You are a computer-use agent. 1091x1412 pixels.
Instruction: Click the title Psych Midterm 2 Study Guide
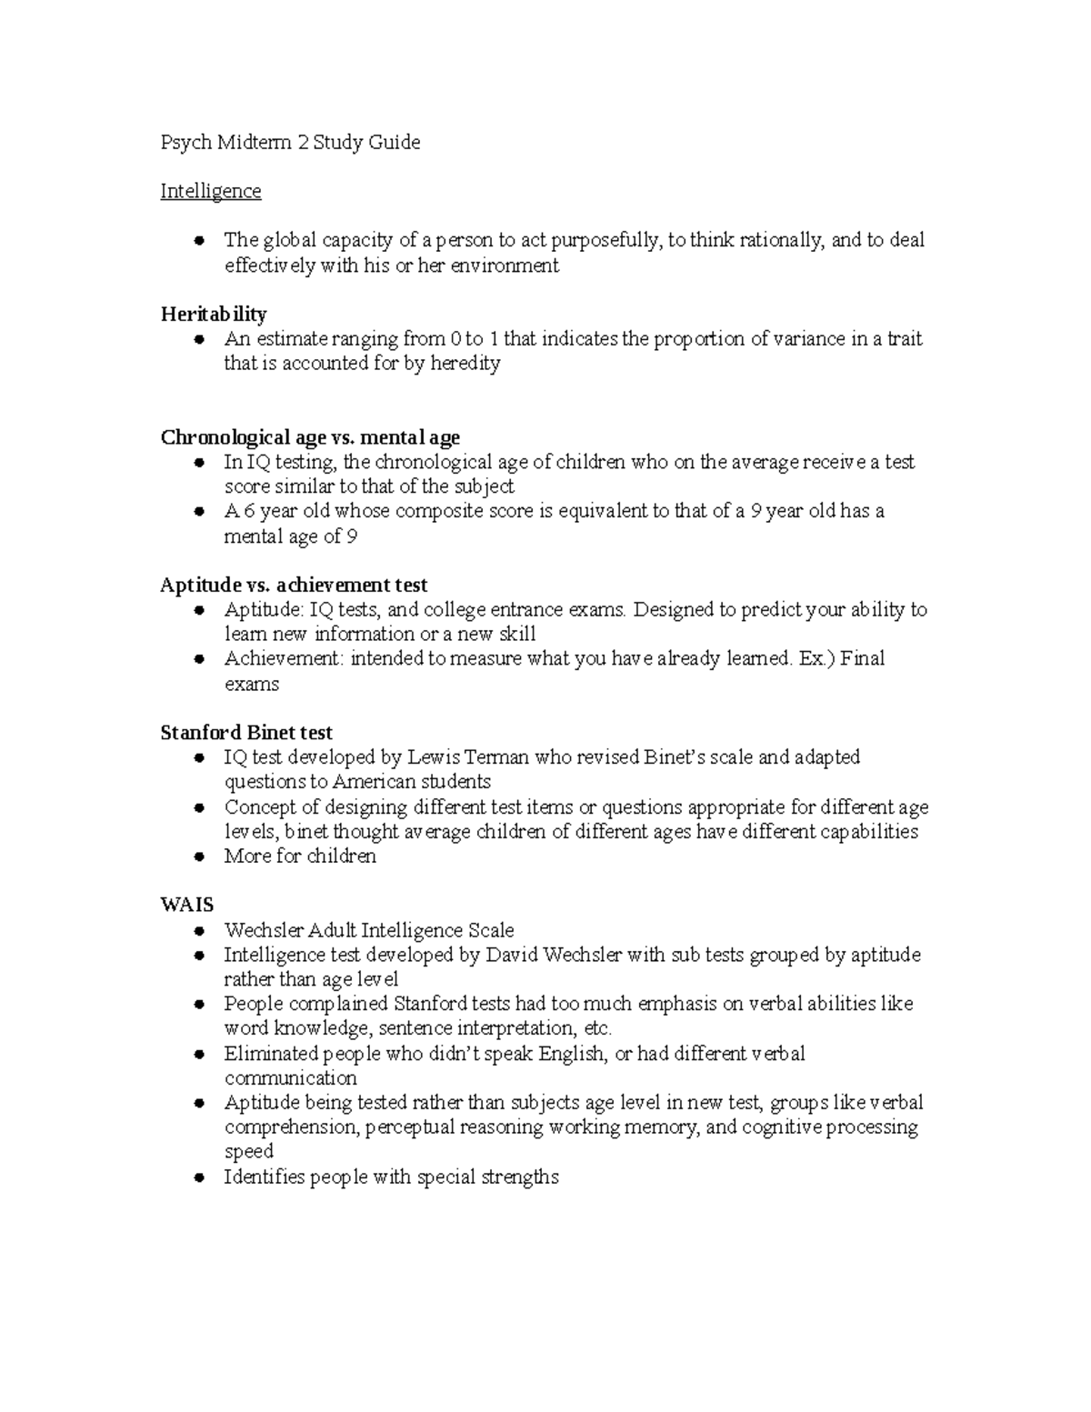click(290, 142)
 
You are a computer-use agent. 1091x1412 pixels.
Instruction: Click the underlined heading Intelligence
click(210, 191)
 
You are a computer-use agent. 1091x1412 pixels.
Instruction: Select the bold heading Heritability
click(213, 315)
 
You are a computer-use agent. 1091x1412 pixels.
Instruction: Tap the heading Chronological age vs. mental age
click(310, 437)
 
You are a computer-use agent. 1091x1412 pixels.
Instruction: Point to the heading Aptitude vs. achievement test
click(294, 585)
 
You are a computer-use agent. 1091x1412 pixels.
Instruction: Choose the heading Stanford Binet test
click(245, 733)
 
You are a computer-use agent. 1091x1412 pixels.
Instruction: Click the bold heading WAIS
click(186, 905)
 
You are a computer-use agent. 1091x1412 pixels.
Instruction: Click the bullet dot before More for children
click(197, 856)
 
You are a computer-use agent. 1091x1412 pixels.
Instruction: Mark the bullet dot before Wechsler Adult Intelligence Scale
click(197, 931)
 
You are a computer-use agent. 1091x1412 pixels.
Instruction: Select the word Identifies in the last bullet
click(265, 1177)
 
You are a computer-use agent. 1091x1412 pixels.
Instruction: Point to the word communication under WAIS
click(291, 1078)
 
